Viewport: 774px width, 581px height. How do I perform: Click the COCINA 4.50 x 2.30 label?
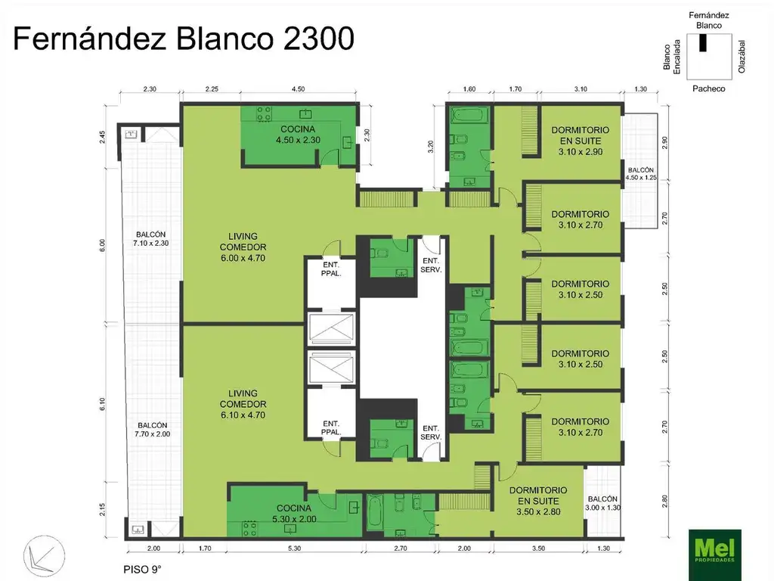[299, 135]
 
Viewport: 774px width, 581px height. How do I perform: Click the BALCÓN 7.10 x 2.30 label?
[150, 239]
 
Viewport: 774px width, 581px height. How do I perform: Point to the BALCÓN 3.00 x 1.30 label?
[602, 504]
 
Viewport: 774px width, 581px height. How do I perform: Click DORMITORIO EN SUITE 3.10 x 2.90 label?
[580, 141]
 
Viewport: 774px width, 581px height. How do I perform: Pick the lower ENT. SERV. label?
[431, 432]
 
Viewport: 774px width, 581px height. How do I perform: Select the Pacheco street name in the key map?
[708, 89]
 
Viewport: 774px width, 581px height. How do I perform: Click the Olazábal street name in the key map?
[742, 57]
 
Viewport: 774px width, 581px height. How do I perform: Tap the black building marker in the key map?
[702, 44]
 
